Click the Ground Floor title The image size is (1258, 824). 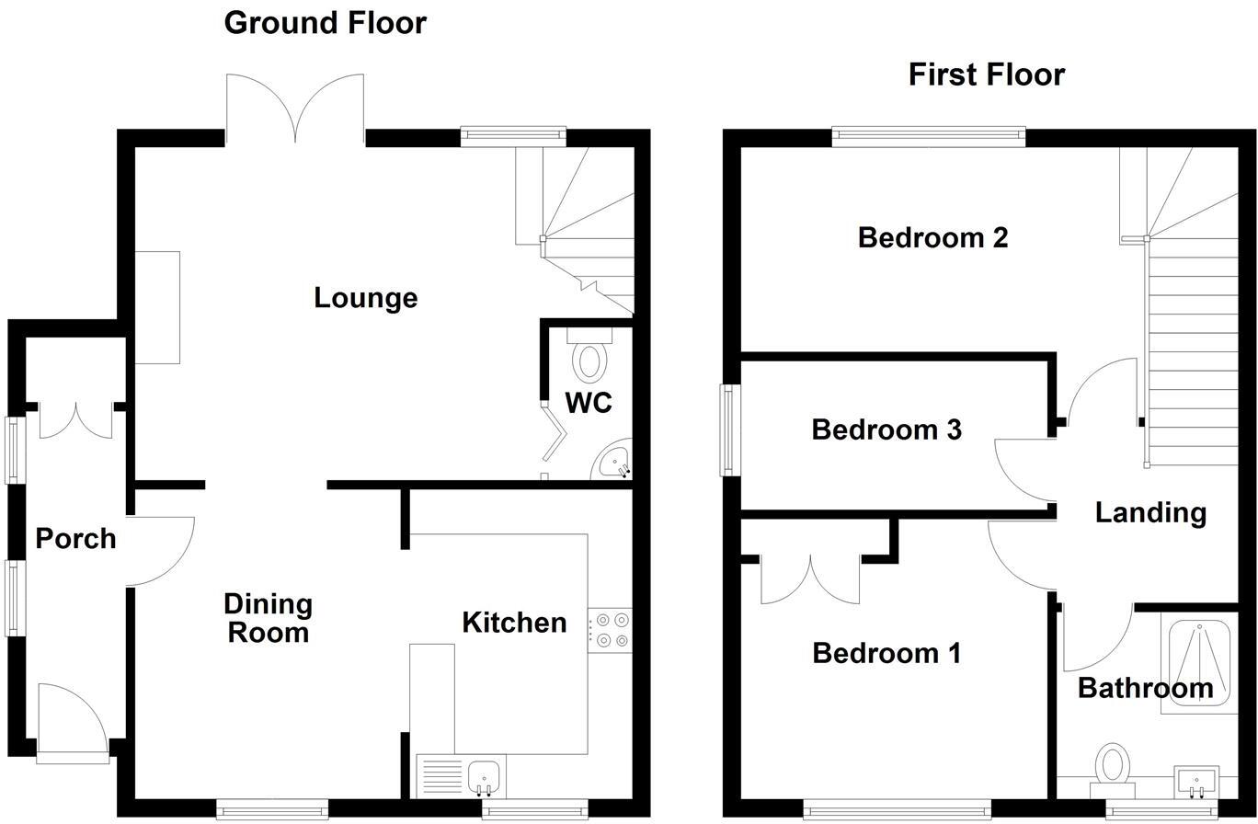[325, 22]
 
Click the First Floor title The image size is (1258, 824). [986, 74]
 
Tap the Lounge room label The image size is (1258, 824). [365, 298]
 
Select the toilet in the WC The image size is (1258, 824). [589, 358]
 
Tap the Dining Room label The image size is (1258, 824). [268, 618]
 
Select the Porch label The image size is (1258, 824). [75, 538]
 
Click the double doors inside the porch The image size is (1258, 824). [77, 419]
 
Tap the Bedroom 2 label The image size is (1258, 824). [932, 237]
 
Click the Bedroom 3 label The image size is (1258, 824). [886, 429]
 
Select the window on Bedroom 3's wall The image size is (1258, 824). [729, 429]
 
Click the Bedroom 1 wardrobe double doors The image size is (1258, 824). [810, 579]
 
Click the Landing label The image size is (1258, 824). [1150, 512]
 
